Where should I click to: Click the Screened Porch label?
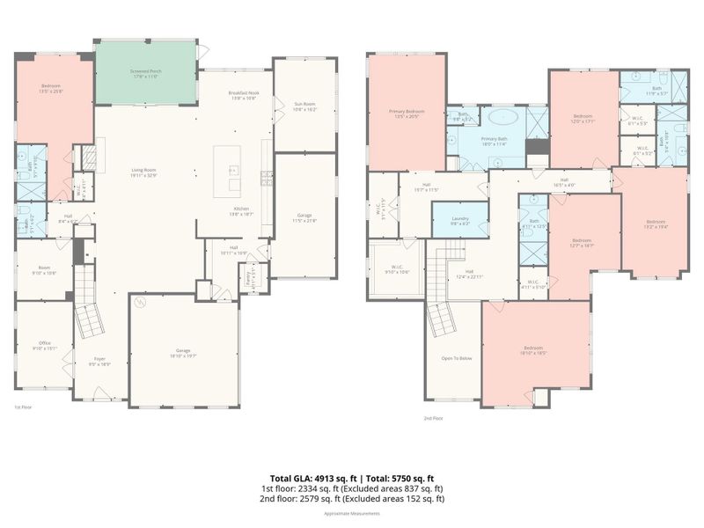[x=144, y=73]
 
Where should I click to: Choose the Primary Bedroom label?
[x=407, y=114]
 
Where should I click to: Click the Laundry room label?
[x=460, y=221]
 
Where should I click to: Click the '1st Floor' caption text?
[x=22, y=407]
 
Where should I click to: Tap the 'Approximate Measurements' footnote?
[x=352, y=513]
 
